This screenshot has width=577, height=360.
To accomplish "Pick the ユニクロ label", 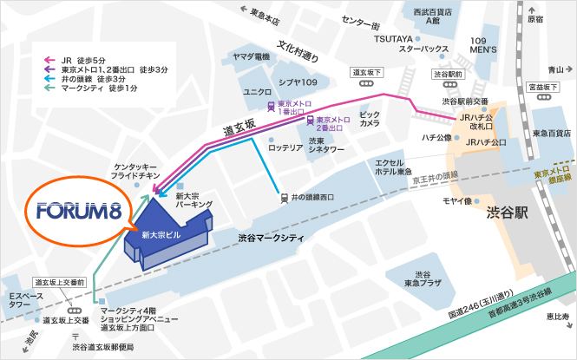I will click(x=259, y=91).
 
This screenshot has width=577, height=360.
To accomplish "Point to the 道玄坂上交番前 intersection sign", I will click(x=59, y=283).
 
